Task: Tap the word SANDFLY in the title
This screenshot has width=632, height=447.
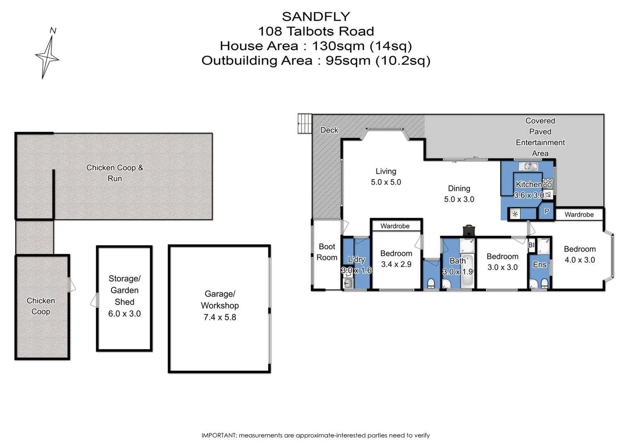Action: (x=316, y=17)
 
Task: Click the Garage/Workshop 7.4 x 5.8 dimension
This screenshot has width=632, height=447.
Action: (x=220, y=317)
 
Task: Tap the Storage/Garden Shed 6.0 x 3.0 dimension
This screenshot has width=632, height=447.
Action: (x=124, y=314)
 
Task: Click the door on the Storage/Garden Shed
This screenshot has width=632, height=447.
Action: (x=95, y=300)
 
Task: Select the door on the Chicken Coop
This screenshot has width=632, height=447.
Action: (x=72, y=285)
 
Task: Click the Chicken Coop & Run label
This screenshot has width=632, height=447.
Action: (x=115, y=173)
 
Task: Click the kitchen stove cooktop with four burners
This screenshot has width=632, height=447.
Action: (x=548, y=183)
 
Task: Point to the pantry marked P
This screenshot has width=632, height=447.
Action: (x=546, y=211)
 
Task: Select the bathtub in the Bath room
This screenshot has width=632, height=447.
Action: (x=468, y=273)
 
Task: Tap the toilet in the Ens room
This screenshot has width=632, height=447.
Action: (x=544, y=284)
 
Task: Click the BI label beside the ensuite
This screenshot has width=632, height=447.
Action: (x=531, y=245)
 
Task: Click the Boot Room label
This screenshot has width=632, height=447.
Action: (x=327, y=252)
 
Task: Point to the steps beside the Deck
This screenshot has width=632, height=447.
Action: (x=305, y=123)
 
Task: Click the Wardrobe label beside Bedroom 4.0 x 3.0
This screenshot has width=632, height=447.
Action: (x=579, y=214)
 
